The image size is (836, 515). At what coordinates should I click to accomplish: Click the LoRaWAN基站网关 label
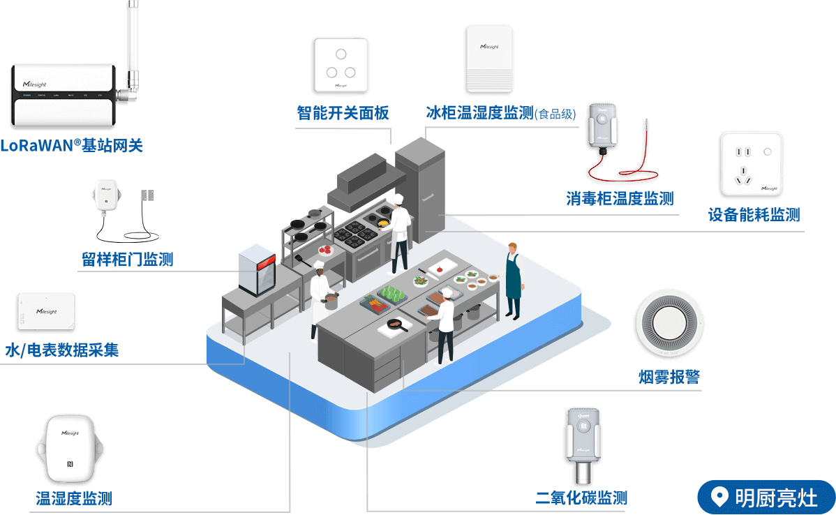(71, 146)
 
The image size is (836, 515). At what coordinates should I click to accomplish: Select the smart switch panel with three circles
(341, 64)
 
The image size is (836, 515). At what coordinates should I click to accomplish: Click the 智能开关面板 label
(343, 113)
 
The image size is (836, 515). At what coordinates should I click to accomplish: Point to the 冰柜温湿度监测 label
(479, 113)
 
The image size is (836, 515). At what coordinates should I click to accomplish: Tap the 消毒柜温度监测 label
(620, 199)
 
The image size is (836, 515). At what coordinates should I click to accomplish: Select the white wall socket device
(751, 163)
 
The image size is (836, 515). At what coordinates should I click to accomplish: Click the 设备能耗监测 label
(754, 215)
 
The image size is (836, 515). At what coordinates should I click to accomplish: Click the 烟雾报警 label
(669, 378)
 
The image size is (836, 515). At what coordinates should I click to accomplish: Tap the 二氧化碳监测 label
(581, 498)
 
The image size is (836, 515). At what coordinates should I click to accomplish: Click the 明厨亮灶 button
(766, 498)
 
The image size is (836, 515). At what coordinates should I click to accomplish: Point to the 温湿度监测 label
(74, 498)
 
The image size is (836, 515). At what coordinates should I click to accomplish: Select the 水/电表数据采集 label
(62, 350)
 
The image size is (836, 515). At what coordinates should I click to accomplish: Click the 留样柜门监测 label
(127, 260)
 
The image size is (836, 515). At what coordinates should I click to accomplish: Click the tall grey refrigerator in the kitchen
(420, 188)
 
